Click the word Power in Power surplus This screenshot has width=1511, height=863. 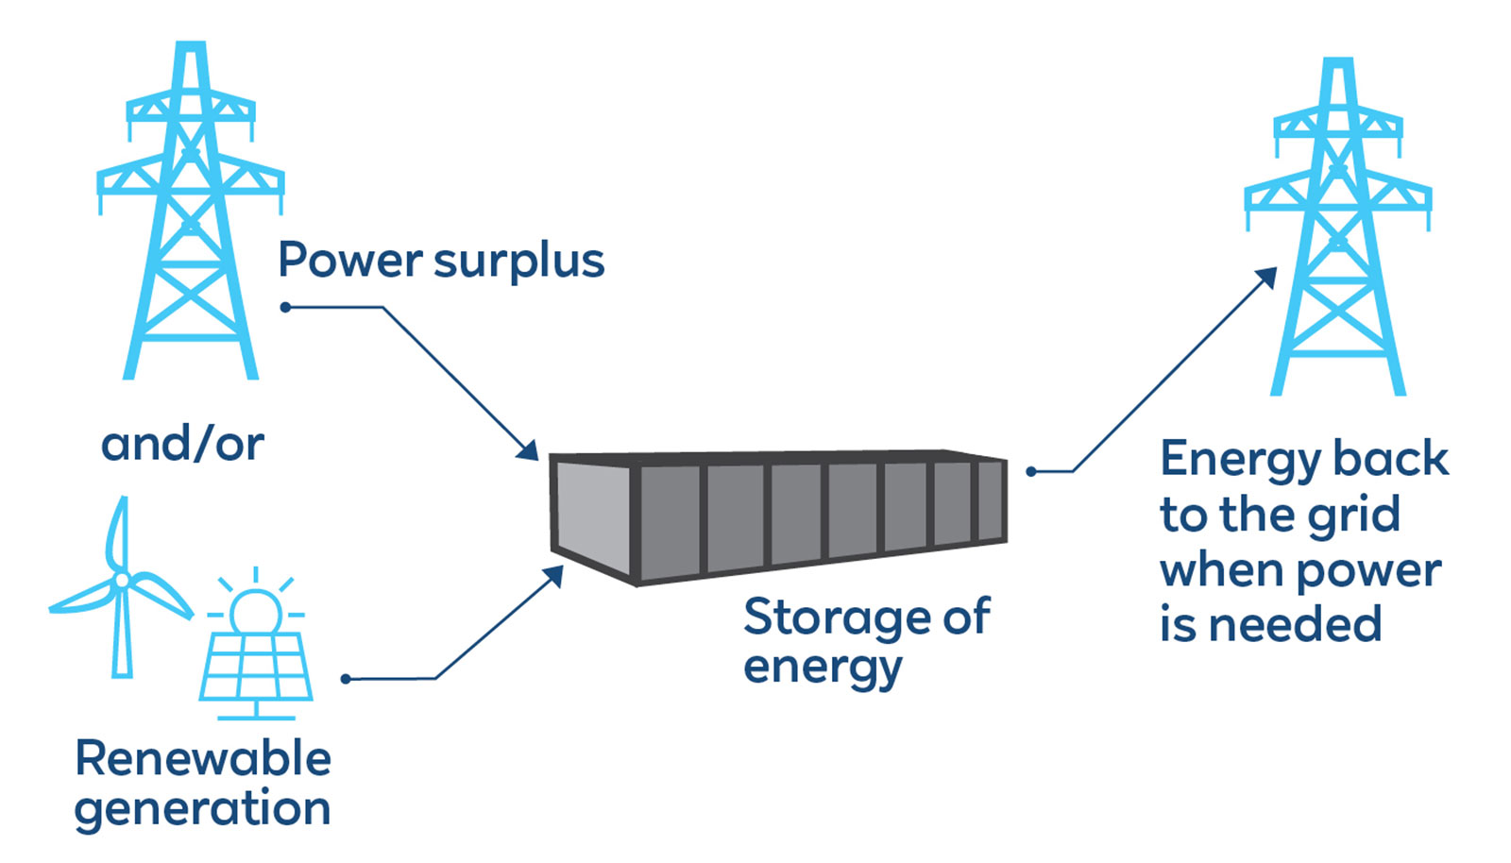[350, 261]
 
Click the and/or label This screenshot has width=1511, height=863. [182, 444]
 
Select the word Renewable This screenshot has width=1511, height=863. [203, 758]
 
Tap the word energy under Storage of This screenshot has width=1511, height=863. [823, 668]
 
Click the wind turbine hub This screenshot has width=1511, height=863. [121, 580]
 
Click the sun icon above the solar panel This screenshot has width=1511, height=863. [256, 608]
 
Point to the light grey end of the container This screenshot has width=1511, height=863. [591, 519]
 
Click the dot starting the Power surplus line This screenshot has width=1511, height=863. [285, 307]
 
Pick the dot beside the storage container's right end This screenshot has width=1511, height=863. [1031, 471]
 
